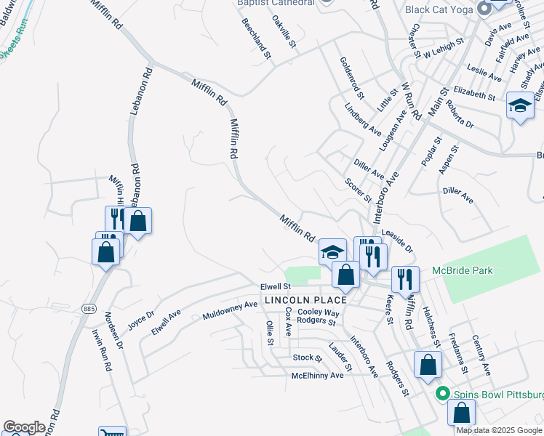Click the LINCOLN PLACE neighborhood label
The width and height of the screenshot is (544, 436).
tap(305, 300)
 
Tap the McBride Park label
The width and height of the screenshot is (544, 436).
tap(462, 270)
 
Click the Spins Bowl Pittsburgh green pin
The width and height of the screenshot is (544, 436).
tap(441, 394)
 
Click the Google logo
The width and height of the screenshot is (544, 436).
tap(24, 427)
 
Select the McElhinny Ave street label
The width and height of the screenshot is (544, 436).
tap(317, 375)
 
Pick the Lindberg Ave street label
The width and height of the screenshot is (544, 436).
tap(364, 119)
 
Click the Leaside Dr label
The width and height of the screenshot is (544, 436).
tap(397, 239)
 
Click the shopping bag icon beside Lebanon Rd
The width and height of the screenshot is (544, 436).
tap(137, 220)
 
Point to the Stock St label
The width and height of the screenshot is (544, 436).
tap(307, 358)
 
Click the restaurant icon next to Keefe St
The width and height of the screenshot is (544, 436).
tap(403, 278)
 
